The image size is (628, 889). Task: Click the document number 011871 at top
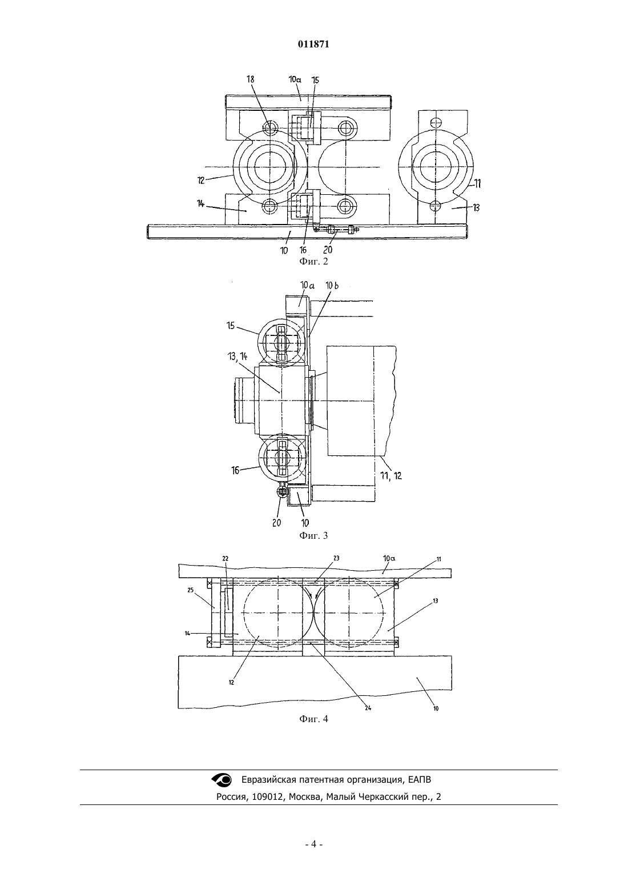pos(313,45)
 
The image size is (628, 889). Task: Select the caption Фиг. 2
pos(313,261)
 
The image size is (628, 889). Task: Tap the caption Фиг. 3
pos(313,535)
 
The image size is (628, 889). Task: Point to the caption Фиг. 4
pos(313,719)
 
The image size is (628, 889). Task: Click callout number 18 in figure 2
pos(250,79)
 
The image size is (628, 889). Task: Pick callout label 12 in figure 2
pos(202,180)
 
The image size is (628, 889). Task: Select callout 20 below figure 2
pos(328,250)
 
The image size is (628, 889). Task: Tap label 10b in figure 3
pos(332,285)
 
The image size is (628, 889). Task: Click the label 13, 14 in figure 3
pos(237,357)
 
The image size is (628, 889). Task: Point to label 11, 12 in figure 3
pos(391,475)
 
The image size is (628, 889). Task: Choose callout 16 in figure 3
pos(235,470)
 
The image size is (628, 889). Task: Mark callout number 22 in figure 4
pos(225,558)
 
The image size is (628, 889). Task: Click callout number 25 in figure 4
pos(190,590)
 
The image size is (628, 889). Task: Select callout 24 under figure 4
pos(368,708)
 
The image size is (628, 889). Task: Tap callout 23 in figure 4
pos(336,558)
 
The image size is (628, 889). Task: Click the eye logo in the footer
pos(222,780)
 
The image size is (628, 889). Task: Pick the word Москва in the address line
pos(303,796)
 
